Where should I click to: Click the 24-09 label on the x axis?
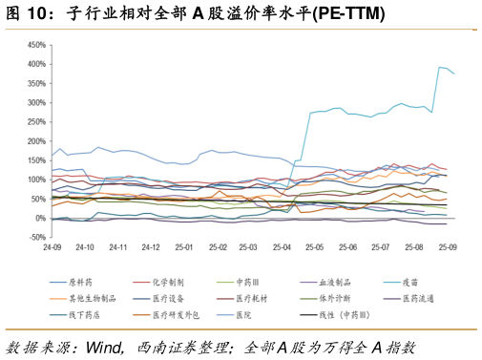click(x=53, y=247)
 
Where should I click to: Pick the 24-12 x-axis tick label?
click(x=151, y=247)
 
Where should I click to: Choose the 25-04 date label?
click(x=282, y=247)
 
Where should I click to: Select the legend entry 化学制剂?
click(x=168, y=283)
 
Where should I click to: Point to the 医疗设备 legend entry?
click(x=168, y=298)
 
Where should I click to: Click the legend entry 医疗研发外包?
click(x=175, y=313)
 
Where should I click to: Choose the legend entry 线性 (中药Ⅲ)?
click(x=340, y=313)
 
